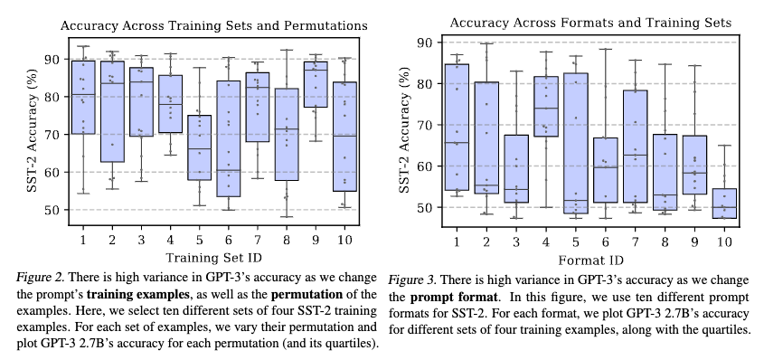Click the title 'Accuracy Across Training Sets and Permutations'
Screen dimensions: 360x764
pyautogui.click(x=214, y=26)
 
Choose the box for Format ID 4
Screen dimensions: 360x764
pyautogui.click(x=546, y=107)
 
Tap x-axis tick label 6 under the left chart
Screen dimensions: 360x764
pyautogui.click(x=230, y=239)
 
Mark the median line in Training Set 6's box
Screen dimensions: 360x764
pyautogui.click(x=230, y=170)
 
